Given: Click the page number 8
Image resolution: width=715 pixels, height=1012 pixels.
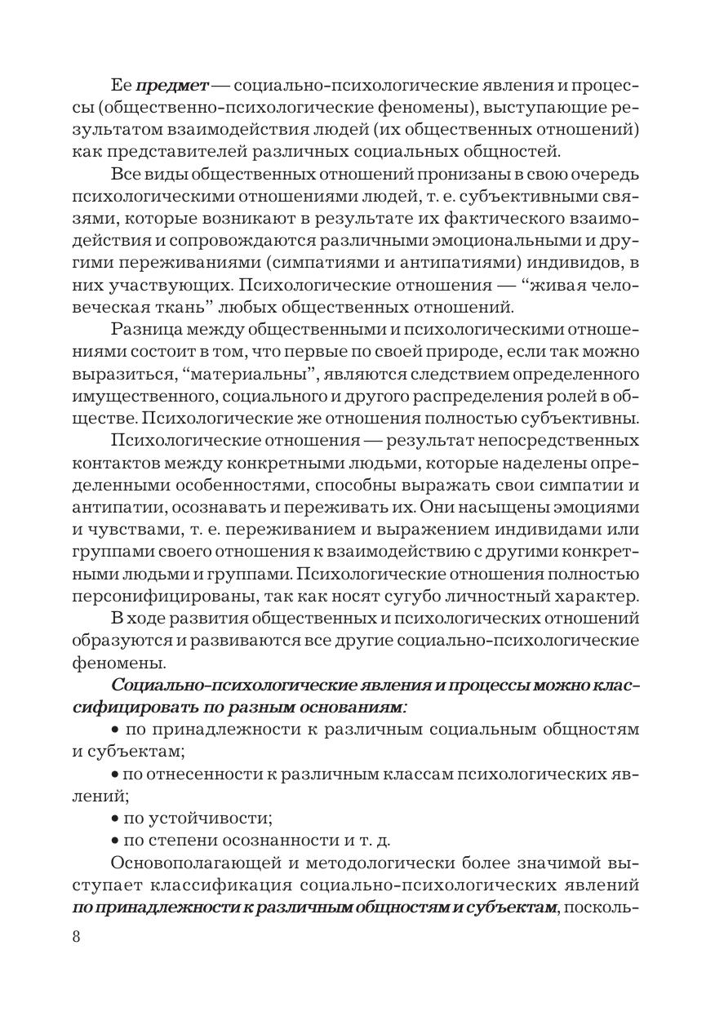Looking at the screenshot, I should pos(76,936).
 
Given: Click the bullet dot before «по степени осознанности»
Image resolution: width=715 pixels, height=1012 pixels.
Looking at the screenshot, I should pos(114,839).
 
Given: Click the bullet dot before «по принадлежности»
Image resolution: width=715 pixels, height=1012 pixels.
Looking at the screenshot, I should pos(114,729).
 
